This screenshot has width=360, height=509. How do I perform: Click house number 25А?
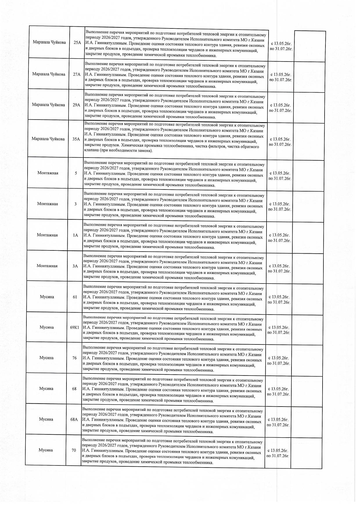(x=77, y=42)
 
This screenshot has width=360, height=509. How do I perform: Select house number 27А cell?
(x=77, y=74)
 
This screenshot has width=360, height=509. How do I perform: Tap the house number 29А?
(x=76, y=105)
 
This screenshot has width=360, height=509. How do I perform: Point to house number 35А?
(x=76, y=139)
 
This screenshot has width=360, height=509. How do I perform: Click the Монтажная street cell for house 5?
(x=48, y=173)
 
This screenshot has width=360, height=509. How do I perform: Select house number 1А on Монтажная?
(x=75, y=235)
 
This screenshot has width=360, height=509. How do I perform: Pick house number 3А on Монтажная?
(x=75, y=266)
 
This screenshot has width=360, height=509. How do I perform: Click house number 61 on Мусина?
(x=75, y=297)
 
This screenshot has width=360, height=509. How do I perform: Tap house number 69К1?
(x=75, y=327)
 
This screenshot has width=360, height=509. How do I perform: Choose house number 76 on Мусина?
(x=75, y=358)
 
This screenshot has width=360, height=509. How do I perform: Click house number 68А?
(x=74, y=419)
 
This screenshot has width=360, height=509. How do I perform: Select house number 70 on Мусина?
(x=74, y=450)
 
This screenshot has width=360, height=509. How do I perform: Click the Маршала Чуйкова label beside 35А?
(x=48, y=139)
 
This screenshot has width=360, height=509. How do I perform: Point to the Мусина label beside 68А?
(x=46, y=419)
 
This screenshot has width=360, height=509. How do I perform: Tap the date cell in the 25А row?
(x=281, y=46)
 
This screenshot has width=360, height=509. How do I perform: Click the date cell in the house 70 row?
(x=278, y=453)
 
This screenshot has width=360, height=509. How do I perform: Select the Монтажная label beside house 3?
(x=48, y=204)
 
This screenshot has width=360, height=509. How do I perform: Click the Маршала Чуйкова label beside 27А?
(x=49, y=74)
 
